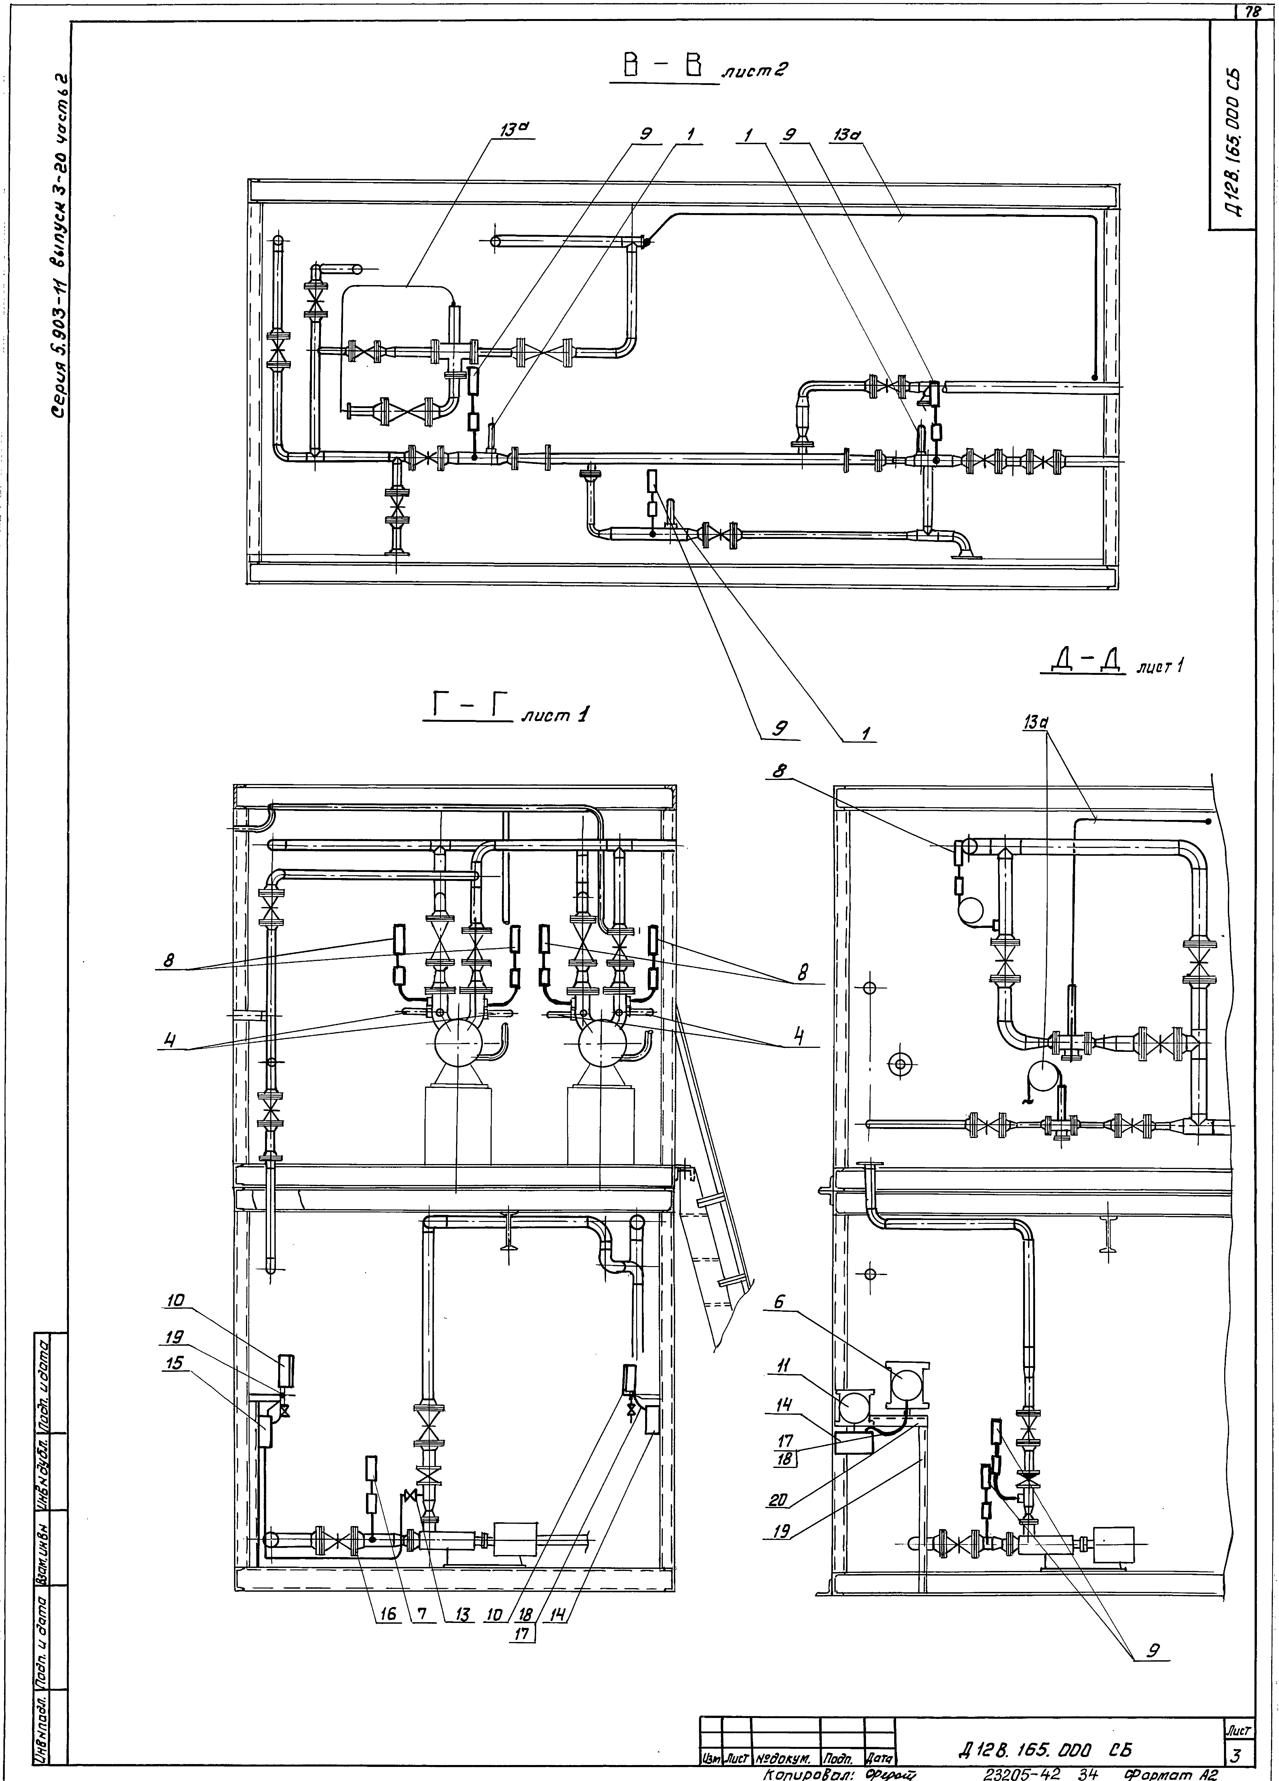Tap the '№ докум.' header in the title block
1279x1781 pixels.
[785, 1758]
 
